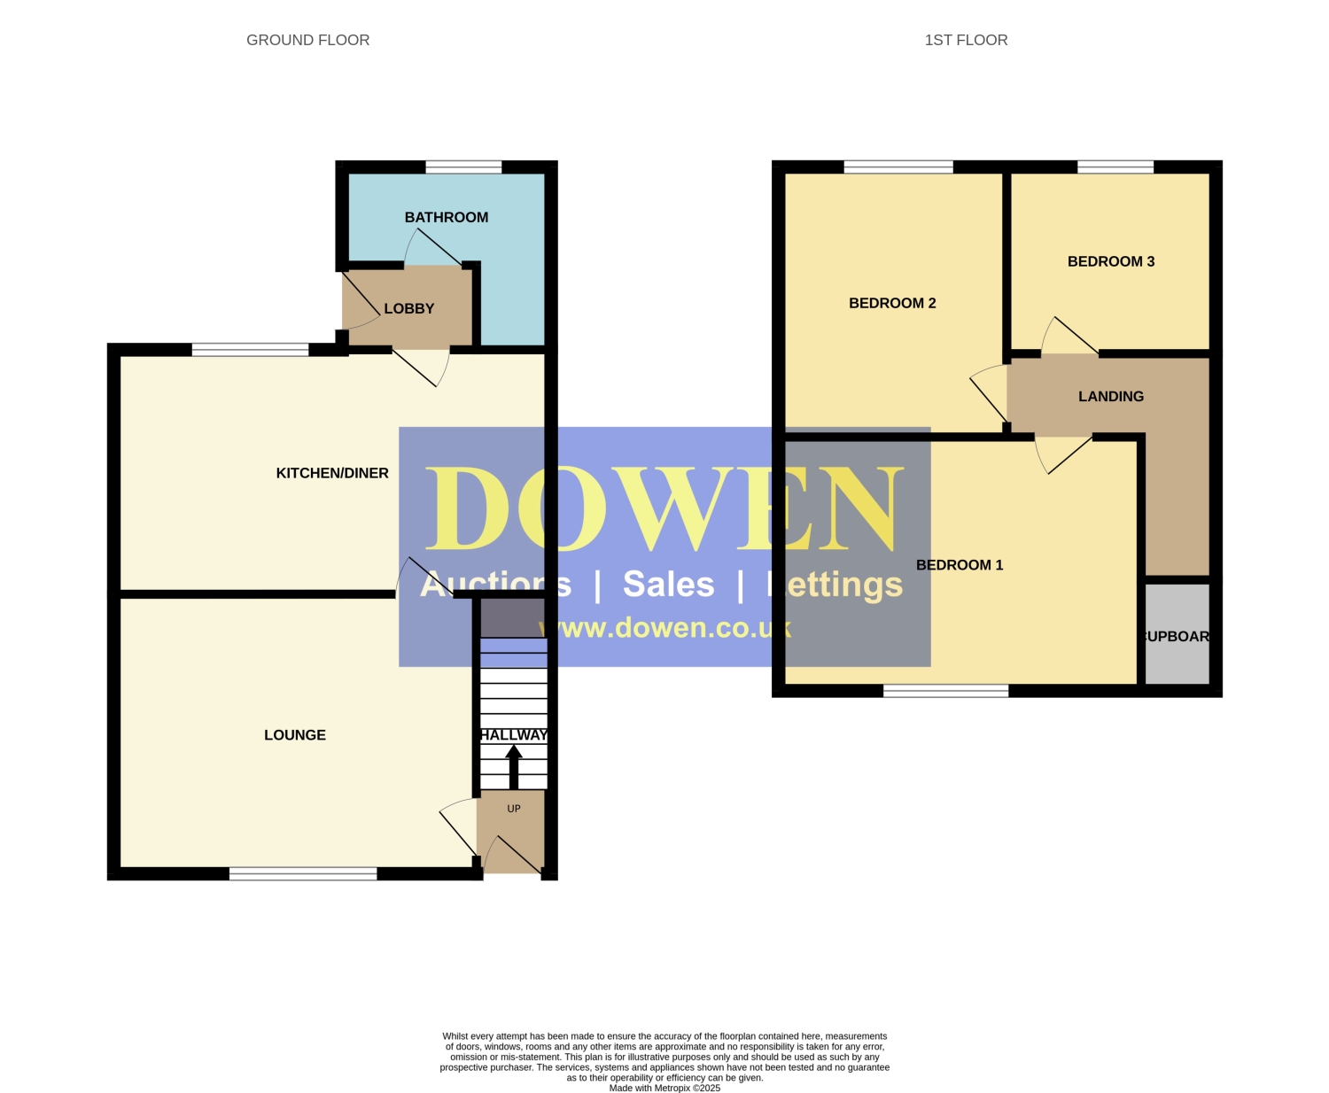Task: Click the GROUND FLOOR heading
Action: (307, 41)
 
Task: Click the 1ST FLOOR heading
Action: (966, 41)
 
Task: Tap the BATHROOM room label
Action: (447, 217)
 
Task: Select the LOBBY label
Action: (409, 309)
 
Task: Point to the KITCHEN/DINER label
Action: (332, 473)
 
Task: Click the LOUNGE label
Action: (295, 735)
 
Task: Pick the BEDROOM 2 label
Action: (892, 303)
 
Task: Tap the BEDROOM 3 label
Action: (1111, 261)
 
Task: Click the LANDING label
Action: (1111, 396)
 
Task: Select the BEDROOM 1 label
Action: (960, 565)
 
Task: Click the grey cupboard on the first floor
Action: (1177, 634)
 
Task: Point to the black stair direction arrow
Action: (514, 767)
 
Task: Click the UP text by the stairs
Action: (514, 809)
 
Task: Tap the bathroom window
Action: (463, 167)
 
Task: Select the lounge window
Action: (303, 873)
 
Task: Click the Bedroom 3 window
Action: (1115, 167)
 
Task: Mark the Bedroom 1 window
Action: (946, 691)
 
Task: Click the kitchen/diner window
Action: (250, 350)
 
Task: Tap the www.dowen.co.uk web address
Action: (664, 628)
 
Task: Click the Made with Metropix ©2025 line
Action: (664, 1088)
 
